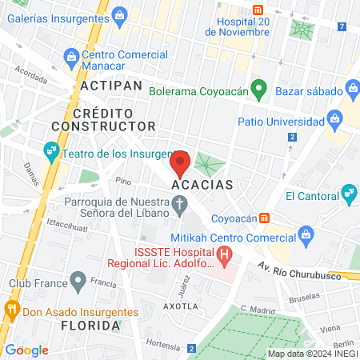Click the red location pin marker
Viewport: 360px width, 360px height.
click(x=180, y=163)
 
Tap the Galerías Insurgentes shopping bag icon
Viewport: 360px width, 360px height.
click(x=119, y=14)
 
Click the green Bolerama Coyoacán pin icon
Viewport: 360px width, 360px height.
click(x=258, y=88)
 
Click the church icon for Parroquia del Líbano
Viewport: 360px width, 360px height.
click(x=182, y=210)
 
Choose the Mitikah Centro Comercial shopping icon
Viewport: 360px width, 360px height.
click(x=305, y=234)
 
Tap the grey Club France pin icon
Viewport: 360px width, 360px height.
click(x=78, y=281)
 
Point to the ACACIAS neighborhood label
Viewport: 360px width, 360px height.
click(x=202, y=185)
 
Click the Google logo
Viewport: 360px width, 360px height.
click(x=27, y=350)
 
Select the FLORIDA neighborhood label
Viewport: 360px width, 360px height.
click(x=90, y=326)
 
